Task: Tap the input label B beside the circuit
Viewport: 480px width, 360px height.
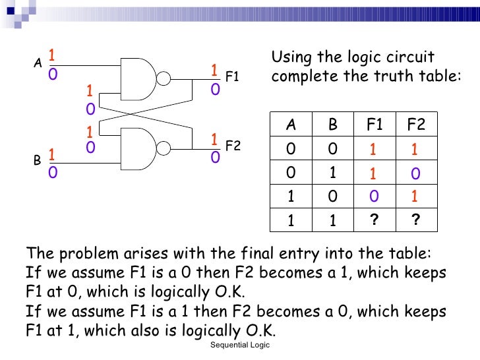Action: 37,160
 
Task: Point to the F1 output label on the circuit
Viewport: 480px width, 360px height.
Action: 232,77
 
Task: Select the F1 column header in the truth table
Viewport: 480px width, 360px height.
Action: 375,125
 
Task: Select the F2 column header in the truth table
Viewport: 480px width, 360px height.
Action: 416,125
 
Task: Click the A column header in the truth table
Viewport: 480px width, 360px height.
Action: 291,125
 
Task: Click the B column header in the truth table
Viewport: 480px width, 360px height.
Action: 333,125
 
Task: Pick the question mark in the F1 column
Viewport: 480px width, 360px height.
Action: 374,220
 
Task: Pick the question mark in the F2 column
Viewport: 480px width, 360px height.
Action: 415,220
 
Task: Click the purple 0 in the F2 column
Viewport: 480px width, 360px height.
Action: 415,173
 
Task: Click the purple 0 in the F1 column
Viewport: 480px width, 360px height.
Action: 374,197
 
